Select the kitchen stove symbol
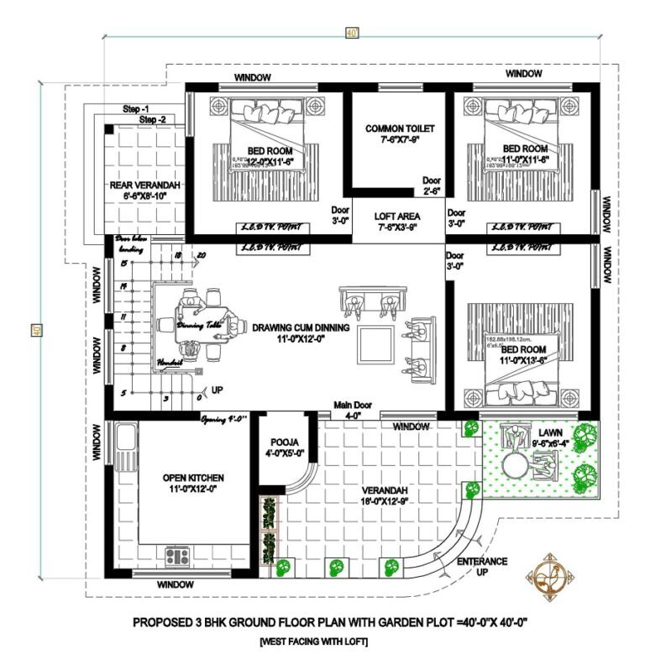tap(177, 556)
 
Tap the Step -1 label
tap(136, 110)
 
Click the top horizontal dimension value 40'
tap(351, 33)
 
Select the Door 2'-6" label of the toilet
tap(432, 186)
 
